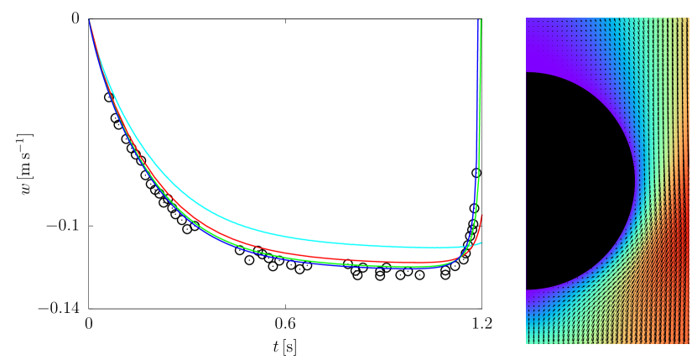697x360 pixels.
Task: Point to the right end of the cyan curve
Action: (481, 243)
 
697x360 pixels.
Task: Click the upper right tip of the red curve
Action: (482, 216)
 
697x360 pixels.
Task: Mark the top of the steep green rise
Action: (481, 21)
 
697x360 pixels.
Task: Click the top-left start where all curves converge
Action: (90, 21)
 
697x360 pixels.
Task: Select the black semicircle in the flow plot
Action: (570, 180)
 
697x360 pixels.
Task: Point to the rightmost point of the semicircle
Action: (634, 180)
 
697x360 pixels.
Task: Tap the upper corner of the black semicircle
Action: (527, 73)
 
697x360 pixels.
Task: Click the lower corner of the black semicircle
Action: (527, 290)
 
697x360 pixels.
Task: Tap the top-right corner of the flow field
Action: (688, 18)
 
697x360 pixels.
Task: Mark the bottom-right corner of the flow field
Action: (688, 342)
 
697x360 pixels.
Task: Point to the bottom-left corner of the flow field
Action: (527, 342)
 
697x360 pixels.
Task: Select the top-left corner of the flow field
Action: (527, 18)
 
